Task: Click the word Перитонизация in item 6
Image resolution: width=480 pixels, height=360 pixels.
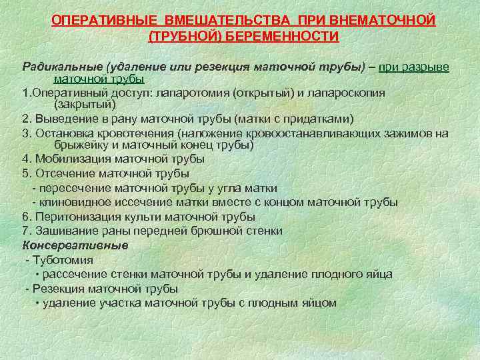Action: pyautogui.click(x=73, y=217)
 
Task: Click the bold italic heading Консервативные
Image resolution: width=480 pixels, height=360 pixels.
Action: pyautogui.click(x=75, y=245)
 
